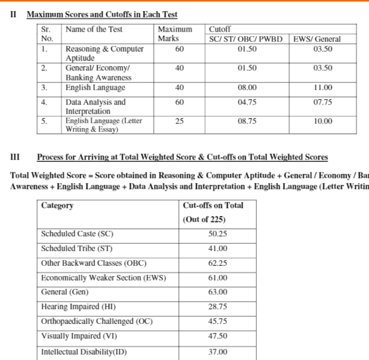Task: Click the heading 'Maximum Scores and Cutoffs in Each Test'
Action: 102,15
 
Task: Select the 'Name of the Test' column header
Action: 94,30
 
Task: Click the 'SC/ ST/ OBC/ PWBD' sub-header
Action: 246,39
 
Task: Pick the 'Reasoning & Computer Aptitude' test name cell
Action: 104,54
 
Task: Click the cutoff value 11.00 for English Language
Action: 323,88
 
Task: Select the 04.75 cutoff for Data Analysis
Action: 247,102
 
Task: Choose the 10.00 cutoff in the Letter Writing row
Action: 323,121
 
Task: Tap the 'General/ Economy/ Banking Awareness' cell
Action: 98,73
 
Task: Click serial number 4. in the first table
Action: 44,102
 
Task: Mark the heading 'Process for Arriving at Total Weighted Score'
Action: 182,157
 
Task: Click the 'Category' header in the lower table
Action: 57,205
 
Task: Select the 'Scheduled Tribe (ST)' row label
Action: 77,249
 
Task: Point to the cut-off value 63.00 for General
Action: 218,292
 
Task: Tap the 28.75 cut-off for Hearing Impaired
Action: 218,307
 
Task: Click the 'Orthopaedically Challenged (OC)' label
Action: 97,322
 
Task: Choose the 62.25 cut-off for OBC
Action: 218,263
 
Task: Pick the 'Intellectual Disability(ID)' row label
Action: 84,352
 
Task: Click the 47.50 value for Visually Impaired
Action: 218,337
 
